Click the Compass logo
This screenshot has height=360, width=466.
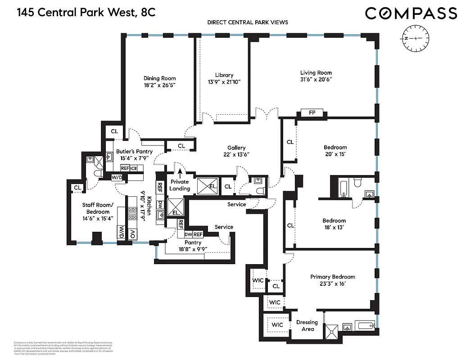point(411,13)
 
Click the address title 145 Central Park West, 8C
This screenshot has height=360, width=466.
point(86,12)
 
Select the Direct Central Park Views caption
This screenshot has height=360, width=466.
point(248,22)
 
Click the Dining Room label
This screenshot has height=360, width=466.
point(159,78)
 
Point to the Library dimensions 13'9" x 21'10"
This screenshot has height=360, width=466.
point(224,81)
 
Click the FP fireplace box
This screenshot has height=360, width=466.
point(312,112)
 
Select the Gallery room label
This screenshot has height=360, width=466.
point(236,148)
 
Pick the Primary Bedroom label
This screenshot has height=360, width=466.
point(333,277)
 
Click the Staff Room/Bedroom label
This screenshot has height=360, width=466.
point(98,208)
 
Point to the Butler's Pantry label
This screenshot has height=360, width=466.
point(134,151)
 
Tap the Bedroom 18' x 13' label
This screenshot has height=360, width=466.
point(334,220)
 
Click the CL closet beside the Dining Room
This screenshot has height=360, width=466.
point(114,131)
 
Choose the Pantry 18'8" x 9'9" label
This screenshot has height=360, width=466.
point(192,243)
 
